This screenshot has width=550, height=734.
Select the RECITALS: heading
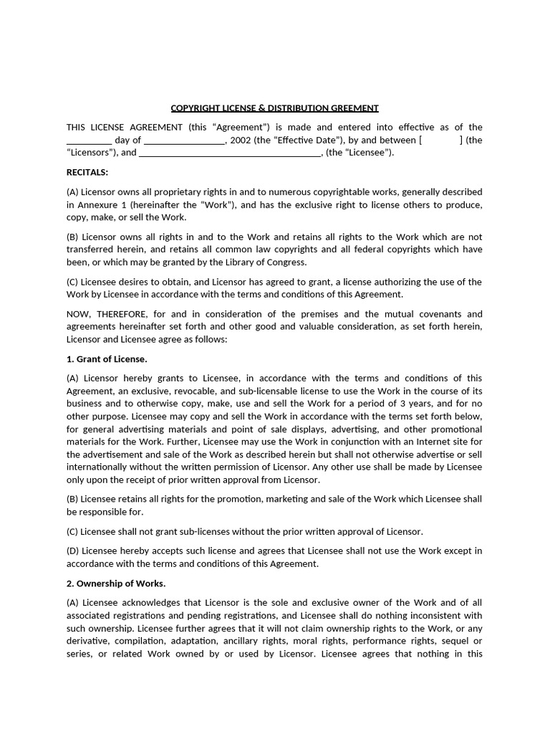(87, 172)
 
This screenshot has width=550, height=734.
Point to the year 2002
(241, 140)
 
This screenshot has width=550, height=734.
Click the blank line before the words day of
(89, 140)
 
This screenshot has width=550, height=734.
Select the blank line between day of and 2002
(185, 140)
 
